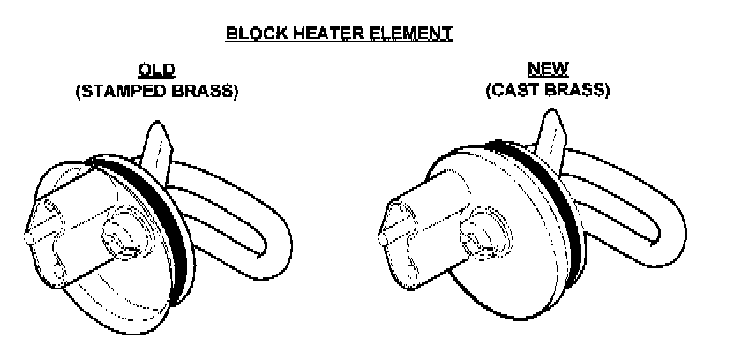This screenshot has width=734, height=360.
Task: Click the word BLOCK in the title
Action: tap(251, 34)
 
